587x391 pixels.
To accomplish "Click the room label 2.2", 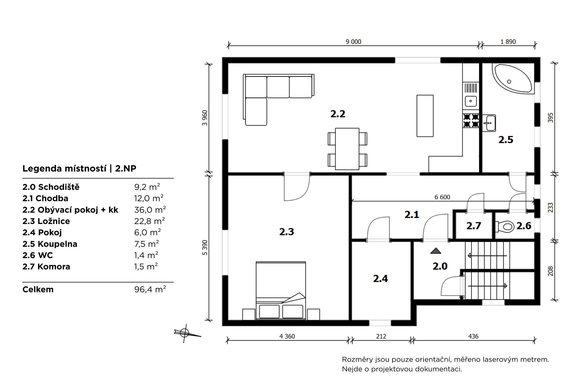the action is pyautogui.click(x=338, y=114).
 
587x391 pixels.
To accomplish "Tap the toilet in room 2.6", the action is pyautogui.click(x=505, y=226).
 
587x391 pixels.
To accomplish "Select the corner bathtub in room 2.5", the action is pyautogui.click(x=513, y=79).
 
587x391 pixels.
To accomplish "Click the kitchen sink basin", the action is pyautogui.click(x=470, y=101).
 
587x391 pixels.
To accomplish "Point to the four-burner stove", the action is pyautogui.click(x=471, y=121).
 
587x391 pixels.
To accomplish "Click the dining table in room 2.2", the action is pyautogui.click(x=347, y=149).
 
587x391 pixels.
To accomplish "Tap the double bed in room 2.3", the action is pyautogui.click(x=281, y=290).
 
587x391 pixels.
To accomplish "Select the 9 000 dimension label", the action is pyautogui.click(x=353, y=42).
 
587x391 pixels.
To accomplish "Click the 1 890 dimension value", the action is pyautogui.click(x=508, y=42).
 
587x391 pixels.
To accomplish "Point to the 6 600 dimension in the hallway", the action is pyautogui.click(x=442, y=197).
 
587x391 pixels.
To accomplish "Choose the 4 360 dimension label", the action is pyautogui.click(x=287, y=336).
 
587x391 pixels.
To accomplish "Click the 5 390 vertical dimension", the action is pyautogui.click(x=205, y=248).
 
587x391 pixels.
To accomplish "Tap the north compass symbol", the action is pyautogui.click(x=185, y=333).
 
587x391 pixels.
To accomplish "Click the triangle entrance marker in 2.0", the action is pyautogui.click(x=436, y=251).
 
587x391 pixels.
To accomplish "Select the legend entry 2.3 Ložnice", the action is pyautogui.click(x=46, y=221).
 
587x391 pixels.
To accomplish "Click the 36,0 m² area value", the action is pyautogui.click(x=150, y=210).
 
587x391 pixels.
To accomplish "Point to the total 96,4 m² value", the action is pyautogui.click(x=150, y=290).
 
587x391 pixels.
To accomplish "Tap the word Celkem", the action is pyautogui.click(x=38, y=290).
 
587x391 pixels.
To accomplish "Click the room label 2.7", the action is pyautogui.click(x=474, y=226).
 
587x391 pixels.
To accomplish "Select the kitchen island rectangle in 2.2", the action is pyautogui.click(x=425, y=116).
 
